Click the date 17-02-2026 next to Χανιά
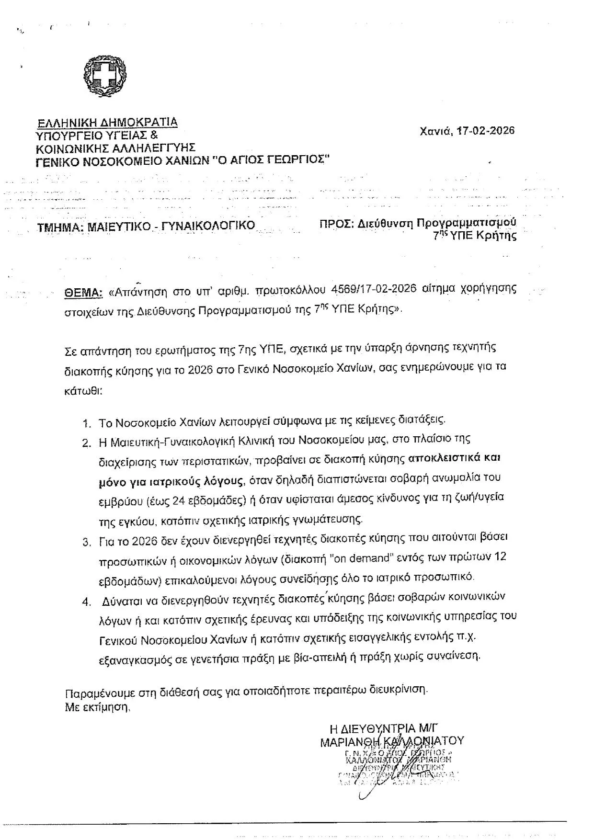485,130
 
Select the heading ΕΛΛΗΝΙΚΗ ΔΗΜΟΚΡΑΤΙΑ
108,122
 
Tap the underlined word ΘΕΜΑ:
84,293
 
